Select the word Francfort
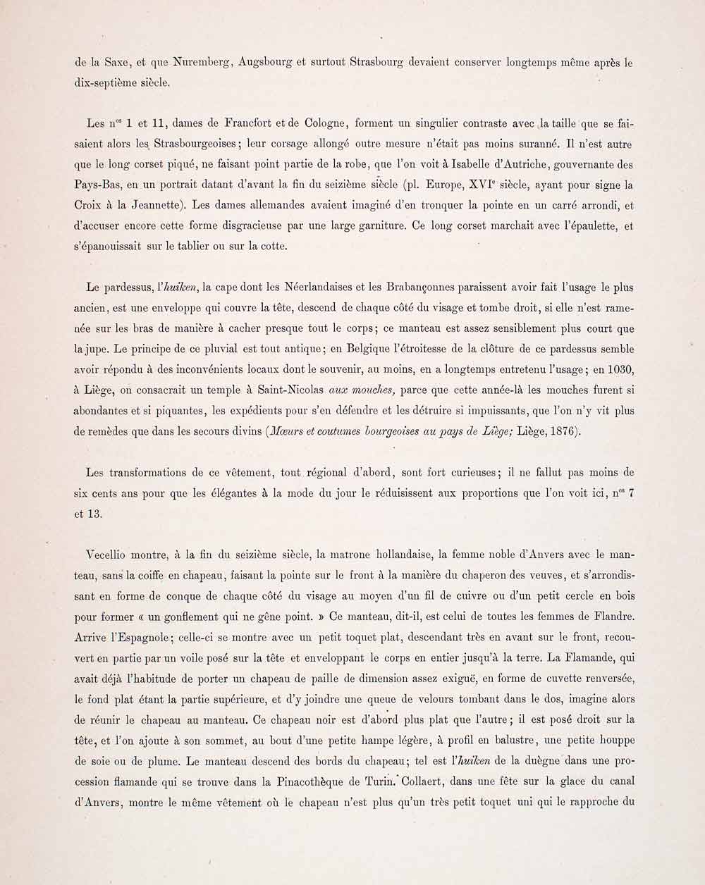click(x=228, y=124)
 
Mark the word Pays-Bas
click(x=95, y=185)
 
